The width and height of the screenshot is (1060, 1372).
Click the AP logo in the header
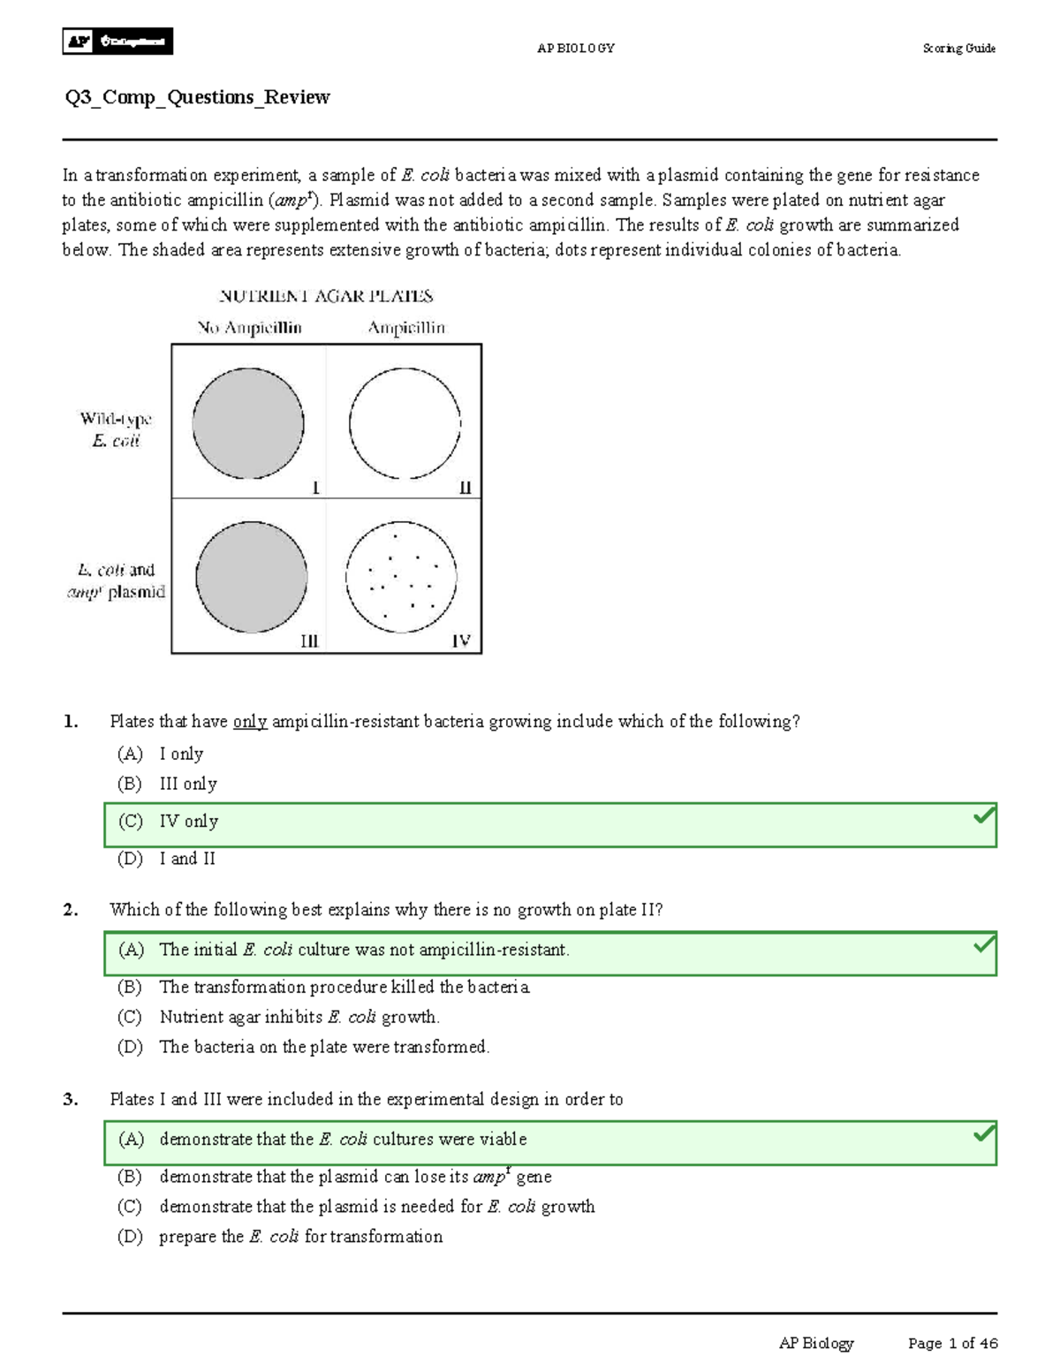[117, 41]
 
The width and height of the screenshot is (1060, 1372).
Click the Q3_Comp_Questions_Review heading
[197, 97]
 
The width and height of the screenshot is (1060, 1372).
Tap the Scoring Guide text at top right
[958, 49]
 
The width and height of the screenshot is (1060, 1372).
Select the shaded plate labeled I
[248, 423]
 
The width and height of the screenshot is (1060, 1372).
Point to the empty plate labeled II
[405, 423]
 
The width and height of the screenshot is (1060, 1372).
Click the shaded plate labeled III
[251, 578]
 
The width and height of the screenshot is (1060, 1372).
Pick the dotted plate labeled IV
[401, 578]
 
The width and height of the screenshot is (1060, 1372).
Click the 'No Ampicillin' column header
[249, 328]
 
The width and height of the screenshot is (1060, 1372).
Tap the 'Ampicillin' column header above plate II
[406, 328]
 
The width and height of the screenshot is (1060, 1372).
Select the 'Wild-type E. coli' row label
[116, 429]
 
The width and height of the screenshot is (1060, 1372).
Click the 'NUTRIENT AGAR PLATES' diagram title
[326, 296]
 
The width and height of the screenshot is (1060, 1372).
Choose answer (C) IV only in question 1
[188, 822]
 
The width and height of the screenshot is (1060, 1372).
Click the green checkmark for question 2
[983, 944]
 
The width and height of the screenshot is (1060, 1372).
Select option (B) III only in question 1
[187, 784]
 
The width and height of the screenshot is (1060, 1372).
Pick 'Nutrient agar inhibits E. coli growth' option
[299, 1017]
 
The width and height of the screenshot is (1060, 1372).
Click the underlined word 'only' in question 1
[250, 722]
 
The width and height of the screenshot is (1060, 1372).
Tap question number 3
[71, 1099]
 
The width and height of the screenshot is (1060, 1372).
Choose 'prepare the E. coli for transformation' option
[300, 1236]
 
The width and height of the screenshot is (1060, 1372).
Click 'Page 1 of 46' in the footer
[952, 1343]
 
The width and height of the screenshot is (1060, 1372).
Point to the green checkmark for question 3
[983, 1133]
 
